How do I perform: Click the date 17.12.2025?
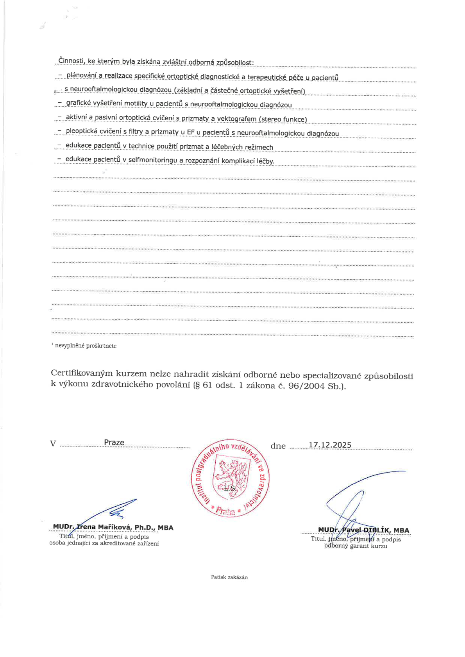point(330,445)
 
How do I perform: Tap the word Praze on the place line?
point(114,442)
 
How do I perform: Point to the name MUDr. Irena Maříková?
point(113,527)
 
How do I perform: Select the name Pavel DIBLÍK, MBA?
point(375,530)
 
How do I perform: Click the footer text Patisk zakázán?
point(229,577)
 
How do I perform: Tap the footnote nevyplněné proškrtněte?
point(86,346)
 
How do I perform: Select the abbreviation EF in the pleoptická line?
point(191,132)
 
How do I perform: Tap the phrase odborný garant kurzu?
point(356,546)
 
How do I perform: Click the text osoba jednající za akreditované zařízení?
point(104,543)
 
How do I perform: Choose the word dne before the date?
point(278,446)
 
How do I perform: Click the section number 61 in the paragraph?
point(207,386)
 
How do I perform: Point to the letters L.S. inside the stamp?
point(230,488)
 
